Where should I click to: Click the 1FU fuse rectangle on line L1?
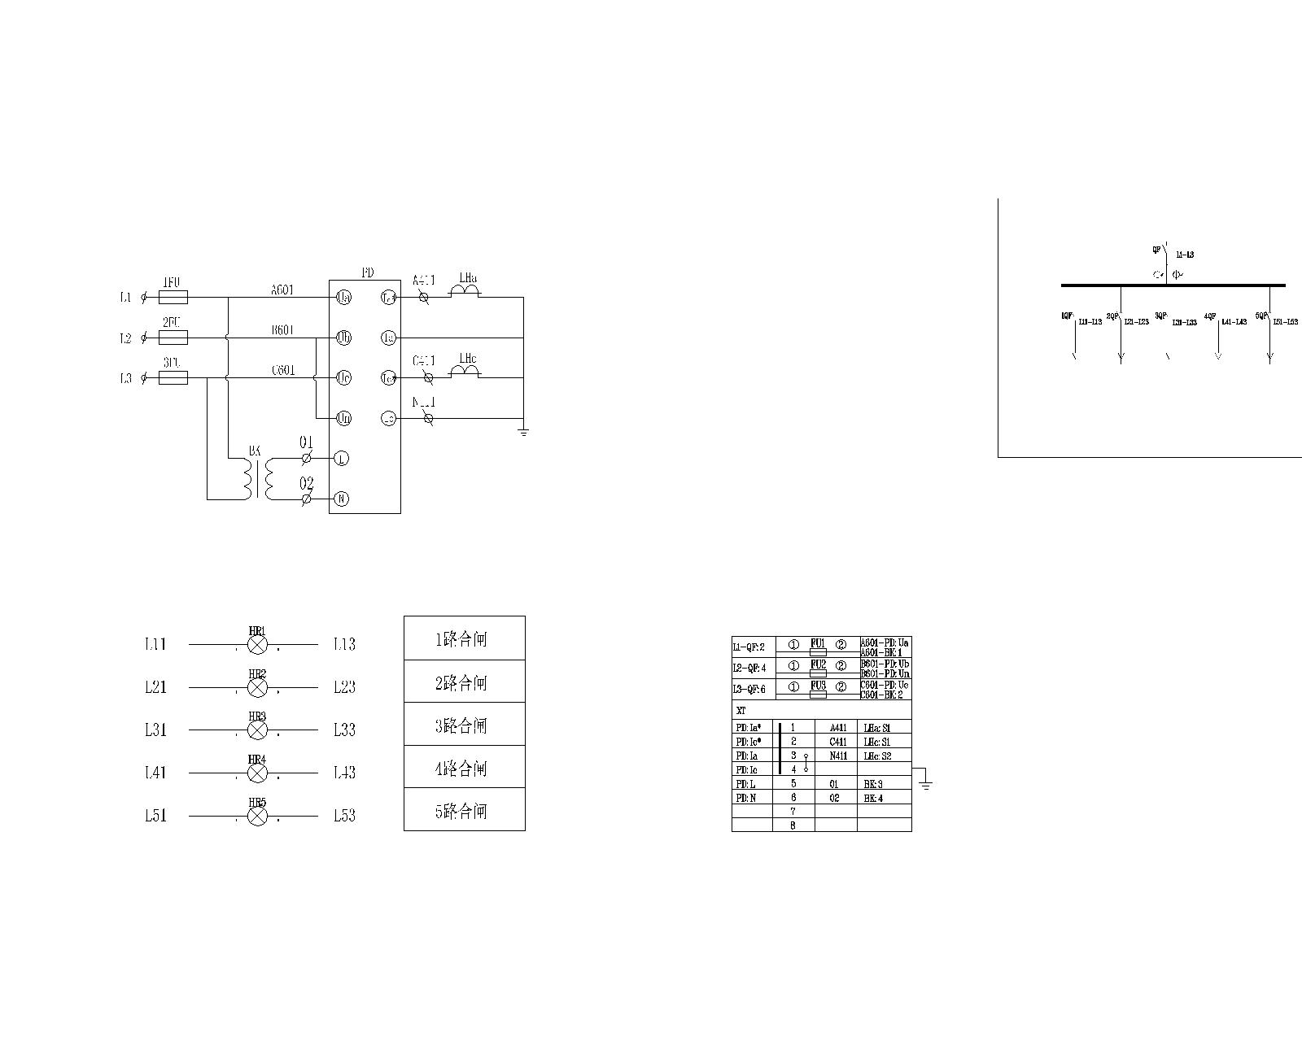(173, 298)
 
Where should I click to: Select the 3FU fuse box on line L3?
(173, 378)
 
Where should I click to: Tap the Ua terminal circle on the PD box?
(343, 298)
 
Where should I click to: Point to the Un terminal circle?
(343, 418)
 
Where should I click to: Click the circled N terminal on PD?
(342, 499)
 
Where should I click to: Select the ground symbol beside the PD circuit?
(523, 431)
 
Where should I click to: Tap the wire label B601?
(283, 330)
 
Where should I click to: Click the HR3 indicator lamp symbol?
(257, 730)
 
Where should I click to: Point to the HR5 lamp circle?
(257, 816)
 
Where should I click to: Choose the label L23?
(344, 687)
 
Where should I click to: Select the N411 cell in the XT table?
(838, 756)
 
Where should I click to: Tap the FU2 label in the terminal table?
(818, 664)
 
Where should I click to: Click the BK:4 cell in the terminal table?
(873, 798)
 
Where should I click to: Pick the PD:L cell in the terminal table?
(746, 784)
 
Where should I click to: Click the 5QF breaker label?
(1261, 316)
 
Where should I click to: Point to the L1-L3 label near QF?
(1184, 255)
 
